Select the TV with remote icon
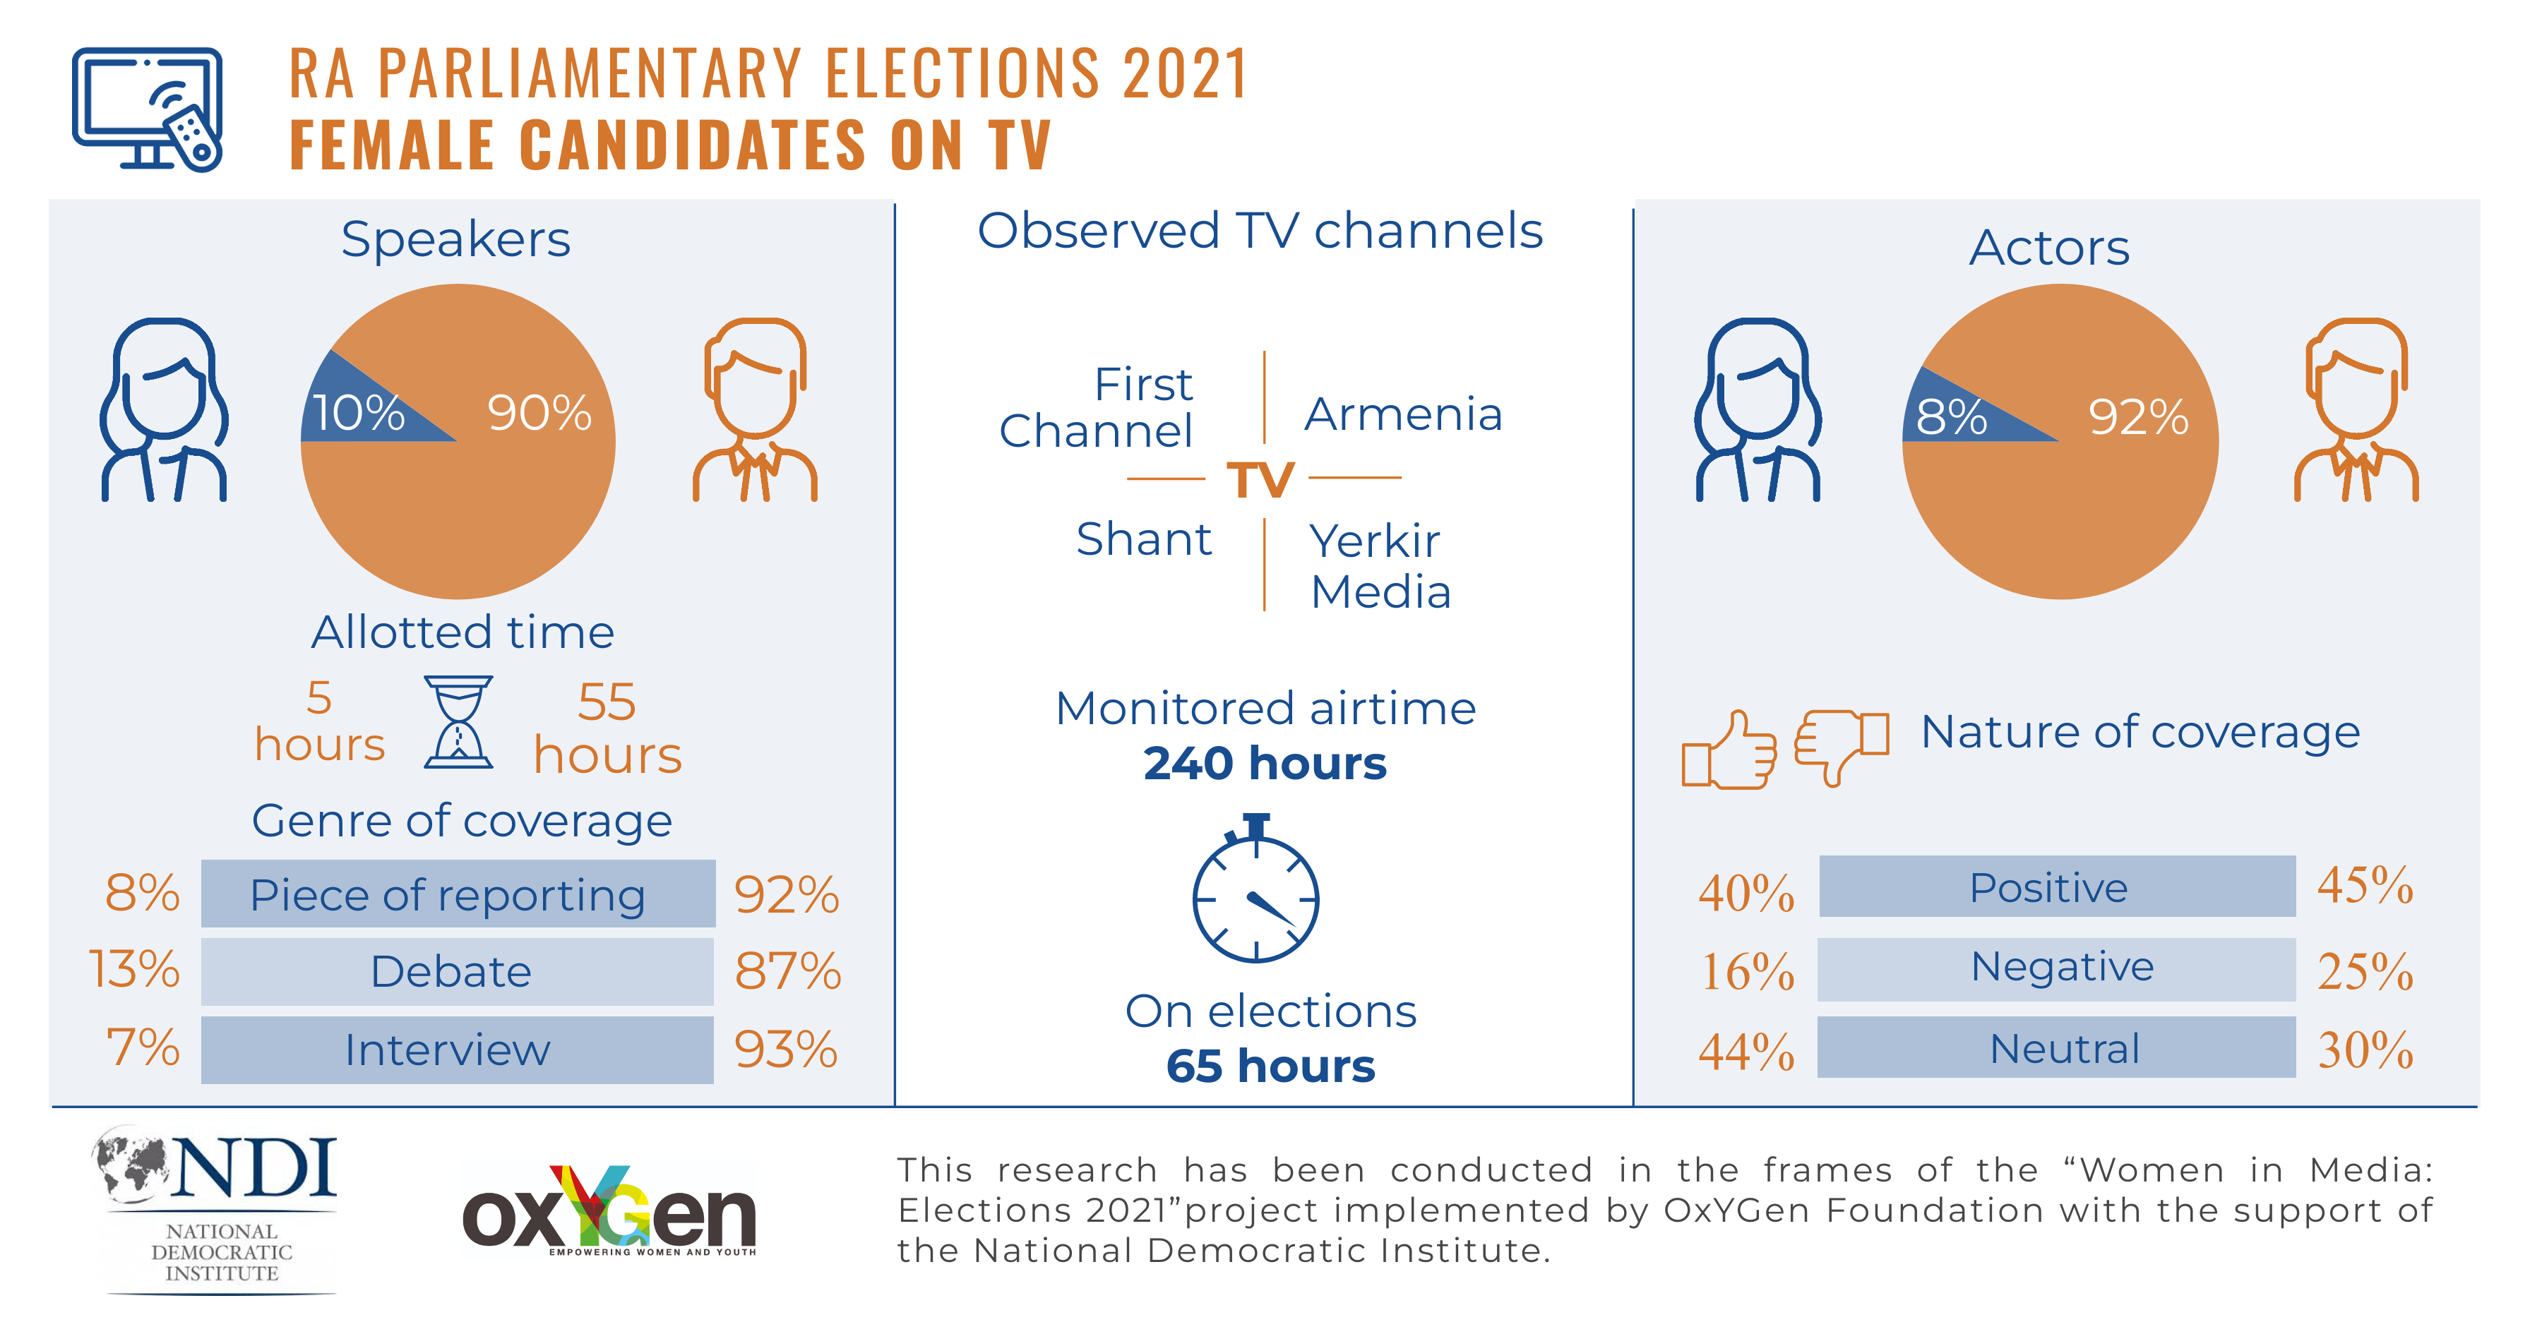tap(148, 109)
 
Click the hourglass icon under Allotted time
tap(458, 722)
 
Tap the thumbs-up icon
tap(1729, 751)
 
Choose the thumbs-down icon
tap(1840, 745)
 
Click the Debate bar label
tap(451, 972)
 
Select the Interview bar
tap(457, 1050)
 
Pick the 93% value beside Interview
tap(785, 1050)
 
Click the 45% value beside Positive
tap(2364, 886)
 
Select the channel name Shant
tap(1144, 540)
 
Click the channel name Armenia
tap(1403, 414)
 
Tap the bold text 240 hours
tap(1265, 764)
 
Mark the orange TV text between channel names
tap(1260, 481)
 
